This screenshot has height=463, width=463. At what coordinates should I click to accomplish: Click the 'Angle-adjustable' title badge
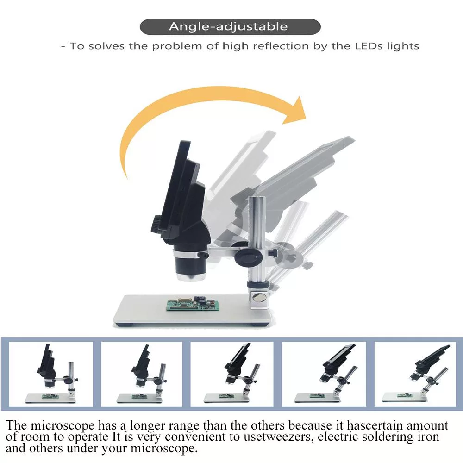point(230,26)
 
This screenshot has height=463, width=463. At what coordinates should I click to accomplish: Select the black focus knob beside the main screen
point(156,224)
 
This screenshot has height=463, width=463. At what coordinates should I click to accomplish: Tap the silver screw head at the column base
point(259,297)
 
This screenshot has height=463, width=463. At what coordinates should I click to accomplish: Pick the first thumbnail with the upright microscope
point(51,374)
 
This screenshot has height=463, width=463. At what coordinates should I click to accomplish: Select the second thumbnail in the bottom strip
point(142,374)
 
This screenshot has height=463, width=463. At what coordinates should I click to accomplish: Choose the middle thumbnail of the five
point(232,374)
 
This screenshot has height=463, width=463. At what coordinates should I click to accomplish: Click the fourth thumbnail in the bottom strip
point(324,374)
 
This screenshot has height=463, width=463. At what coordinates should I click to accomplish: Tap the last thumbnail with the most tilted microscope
point(415,374)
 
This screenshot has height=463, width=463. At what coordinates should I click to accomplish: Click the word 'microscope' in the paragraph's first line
point(63,426)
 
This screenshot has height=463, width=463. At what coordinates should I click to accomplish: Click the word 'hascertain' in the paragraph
point(375,425)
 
